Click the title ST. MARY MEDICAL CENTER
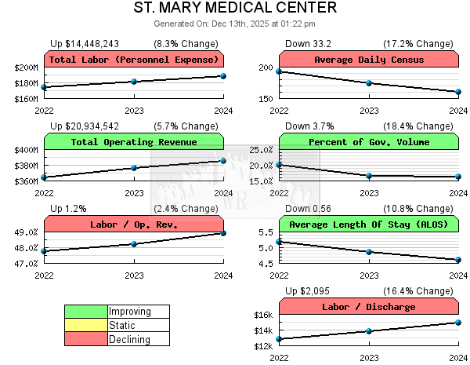(235, 9)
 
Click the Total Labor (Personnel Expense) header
(134, 60)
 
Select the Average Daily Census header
(369, 60)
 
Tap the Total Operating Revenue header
(134, 142)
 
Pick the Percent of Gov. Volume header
(369, 142)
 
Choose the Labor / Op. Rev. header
(134, 224)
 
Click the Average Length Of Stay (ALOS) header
(369, 224)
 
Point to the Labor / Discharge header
(369, 307)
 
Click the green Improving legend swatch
(86, 312)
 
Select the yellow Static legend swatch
(86, 325)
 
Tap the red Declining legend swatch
(86, 338)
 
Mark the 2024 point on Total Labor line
(223, 76)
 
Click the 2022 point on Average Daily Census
(280, 71)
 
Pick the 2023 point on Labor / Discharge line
(369, 330)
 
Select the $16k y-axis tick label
(263, 316)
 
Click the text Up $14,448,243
(85, 44)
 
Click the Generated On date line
(235, 24)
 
